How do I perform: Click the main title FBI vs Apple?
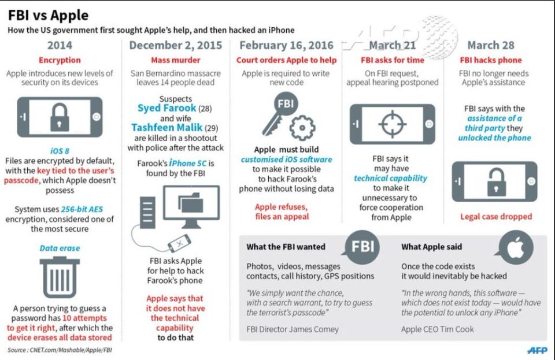pyautogui.click(x=48, y=15)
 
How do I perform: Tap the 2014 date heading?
pyautogui.click(x=60, y=45)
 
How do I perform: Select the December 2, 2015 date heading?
pyautogui.click(x=176, y=45)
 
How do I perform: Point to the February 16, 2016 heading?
pyautogui.click(x=286, y=45)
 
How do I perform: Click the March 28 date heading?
pyautogui.click(x=491, y=45)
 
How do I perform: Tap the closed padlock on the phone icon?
pyautogui.click(x=60, y=117)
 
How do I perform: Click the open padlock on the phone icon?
pyautogui.click(x=496, y=181)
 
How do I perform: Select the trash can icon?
pyautogui.click(x=60, y=277)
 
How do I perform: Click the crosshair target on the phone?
pyautogui.click(x=392, y=124)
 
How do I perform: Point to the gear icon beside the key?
pyautogui.click(x=302, y=128)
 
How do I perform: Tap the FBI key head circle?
pyautogui.click(x=286, y=103)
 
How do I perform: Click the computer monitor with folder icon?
pyautogui.click(x=191, y=206)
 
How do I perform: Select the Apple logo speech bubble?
pyautogui.click(x=515, y=247)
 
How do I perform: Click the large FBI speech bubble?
pyautogui.click(x=361, y=247)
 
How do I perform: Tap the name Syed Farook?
pyautogui.click(x=166, y=108)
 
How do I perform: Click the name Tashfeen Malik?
pyautogui.click(x=166, y=127)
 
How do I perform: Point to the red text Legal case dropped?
pyautogui.click(x=496, y=217)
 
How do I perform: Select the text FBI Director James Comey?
pyautogui.click(x=293, y=329)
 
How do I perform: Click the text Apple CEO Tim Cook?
pyautogui.click(x=437, y=329)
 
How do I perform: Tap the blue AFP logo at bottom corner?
pyautogui.click(x=537, y=350)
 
